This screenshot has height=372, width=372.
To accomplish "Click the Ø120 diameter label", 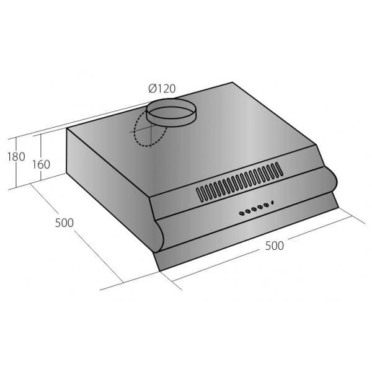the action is pos(162,89).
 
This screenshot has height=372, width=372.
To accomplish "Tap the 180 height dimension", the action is pos(16,157).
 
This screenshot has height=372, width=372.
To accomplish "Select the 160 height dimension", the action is pos(41,164).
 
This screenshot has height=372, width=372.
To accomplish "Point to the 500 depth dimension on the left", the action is pos(64,223).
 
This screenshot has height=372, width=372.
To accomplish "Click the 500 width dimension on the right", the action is pos(275,246).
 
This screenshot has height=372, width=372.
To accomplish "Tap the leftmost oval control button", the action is pos(242,213).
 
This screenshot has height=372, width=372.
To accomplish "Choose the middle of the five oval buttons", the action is pos(254,209).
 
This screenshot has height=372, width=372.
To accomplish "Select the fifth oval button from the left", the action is pos(266,205).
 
